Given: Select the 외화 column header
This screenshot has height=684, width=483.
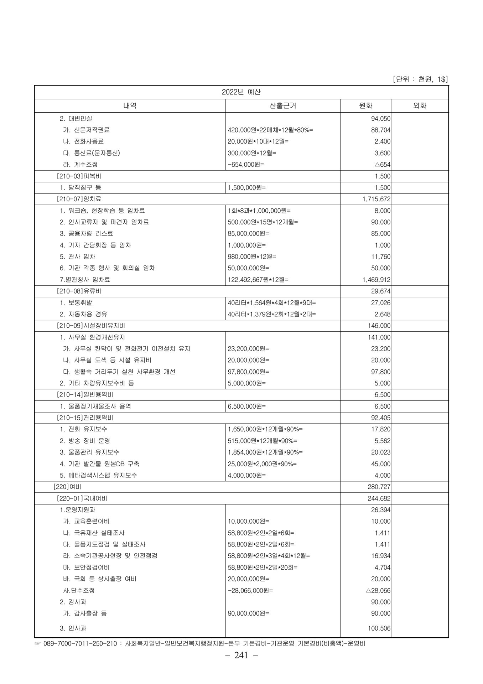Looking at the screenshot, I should click(419, 106).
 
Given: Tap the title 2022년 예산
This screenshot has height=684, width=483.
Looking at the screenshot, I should click(241, 92).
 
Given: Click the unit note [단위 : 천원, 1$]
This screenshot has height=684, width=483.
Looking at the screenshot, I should click(420, 79).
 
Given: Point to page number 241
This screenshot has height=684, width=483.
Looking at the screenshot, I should click(241, 655).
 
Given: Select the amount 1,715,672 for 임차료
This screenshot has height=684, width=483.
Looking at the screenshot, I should click(376, 199).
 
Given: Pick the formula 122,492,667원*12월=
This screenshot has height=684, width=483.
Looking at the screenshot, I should click(258, 280).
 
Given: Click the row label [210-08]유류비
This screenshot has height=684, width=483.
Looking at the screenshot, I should click(79, 291).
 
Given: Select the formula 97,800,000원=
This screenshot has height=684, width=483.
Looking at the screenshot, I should click(248, 372).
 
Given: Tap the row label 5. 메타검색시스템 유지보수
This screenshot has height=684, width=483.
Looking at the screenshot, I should click(98, 475).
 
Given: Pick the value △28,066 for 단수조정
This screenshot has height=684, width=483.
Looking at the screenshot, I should click(378, 590).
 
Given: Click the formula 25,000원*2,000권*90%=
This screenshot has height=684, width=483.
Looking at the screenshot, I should click(262, 464).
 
